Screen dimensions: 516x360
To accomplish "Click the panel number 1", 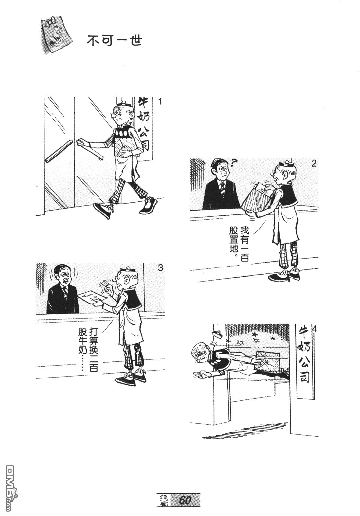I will click(x=160, y=102).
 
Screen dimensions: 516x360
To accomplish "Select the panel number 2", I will click(x=314, y=164).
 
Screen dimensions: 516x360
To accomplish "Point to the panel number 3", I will click(x=160, y=268).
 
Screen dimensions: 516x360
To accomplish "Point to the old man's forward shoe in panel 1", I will click(x=103, y=210).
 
